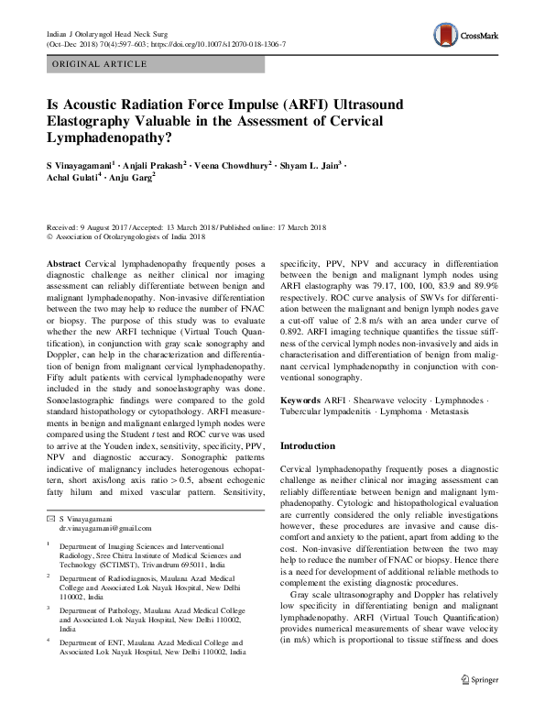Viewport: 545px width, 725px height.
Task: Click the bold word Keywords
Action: coord(300,401)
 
